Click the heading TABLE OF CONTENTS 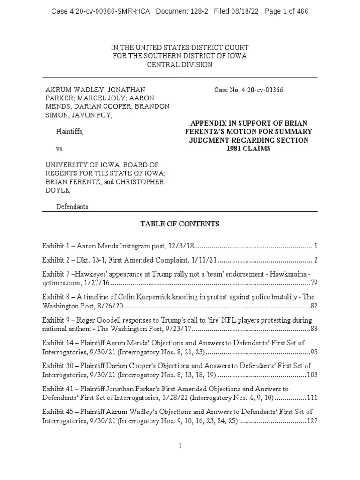point(180,224)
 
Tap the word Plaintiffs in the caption point(70,133)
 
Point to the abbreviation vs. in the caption point(60,149)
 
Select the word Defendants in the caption point(72,206)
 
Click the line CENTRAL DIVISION point(180,65)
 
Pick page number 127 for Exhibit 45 point(312,421)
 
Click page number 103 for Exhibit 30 point(312,375)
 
